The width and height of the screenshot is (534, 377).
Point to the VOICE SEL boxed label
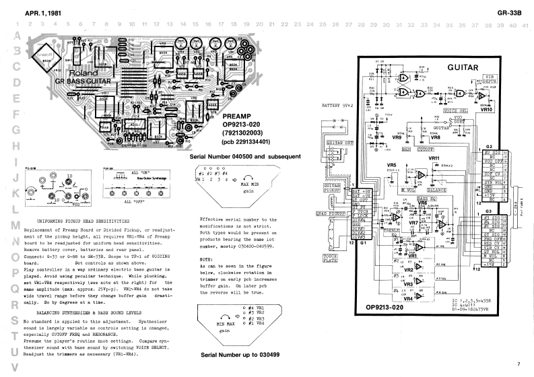click(438, 110)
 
